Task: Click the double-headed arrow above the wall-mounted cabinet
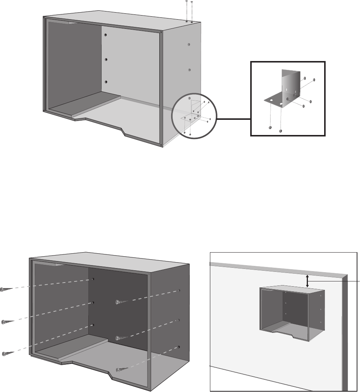tap(307, 281)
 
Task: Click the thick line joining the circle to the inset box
tap(234, 119)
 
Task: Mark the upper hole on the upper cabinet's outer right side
tap(189, 44)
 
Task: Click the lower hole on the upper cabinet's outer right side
tap(189, 70)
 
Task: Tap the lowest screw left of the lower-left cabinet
tap(4, 354)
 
